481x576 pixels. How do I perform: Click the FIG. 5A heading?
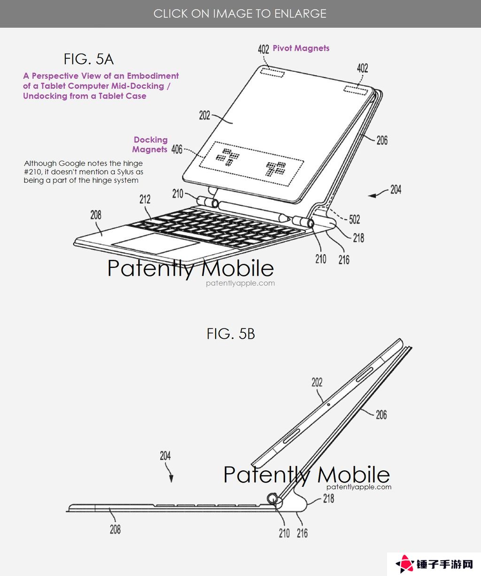[x=88, y=59]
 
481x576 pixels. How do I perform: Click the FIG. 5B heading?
[x=231, y=334]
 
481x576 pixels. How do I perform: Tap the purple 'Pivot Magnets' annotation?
[x=301, y=48]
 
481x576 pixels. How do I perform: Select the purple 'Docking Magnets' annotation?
[x=150, y=145]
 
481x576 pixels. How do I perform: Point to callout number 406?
[x=177, y=149]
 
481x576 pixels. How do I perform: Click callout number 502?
[x=354, y=219]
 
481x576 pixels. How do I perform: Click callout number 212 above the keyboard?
[x=145, y=199]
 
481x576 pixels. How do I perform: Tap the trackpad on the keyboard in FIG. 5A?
[x=156, y=244]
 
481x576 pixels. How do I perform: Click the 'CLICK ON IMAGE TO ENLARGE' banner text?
[x=240, y=14]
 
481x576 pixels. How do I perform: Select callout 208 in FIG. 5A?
[x=96, y=215]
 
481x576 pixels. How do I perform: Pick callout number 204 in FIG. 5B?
[x=165, y=456]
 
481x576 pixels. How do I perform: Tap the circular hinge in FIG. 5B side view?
[x=273, y=499]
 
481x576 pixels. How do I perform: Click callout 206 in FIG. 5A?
[x=382, y=140]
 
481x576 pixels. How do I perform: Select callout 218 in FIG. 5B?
[x=328, y=498]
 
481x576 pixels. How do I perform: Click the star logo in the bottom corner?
[x=405, y=564]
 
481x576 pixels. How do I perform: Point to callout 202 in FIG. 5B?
[x=317, y=382]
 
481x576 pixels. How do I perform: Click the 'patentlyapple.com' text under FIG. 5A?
[x=240, y=283]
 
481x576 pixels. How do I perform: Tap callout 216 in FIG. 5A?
[x=344, y=260]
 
